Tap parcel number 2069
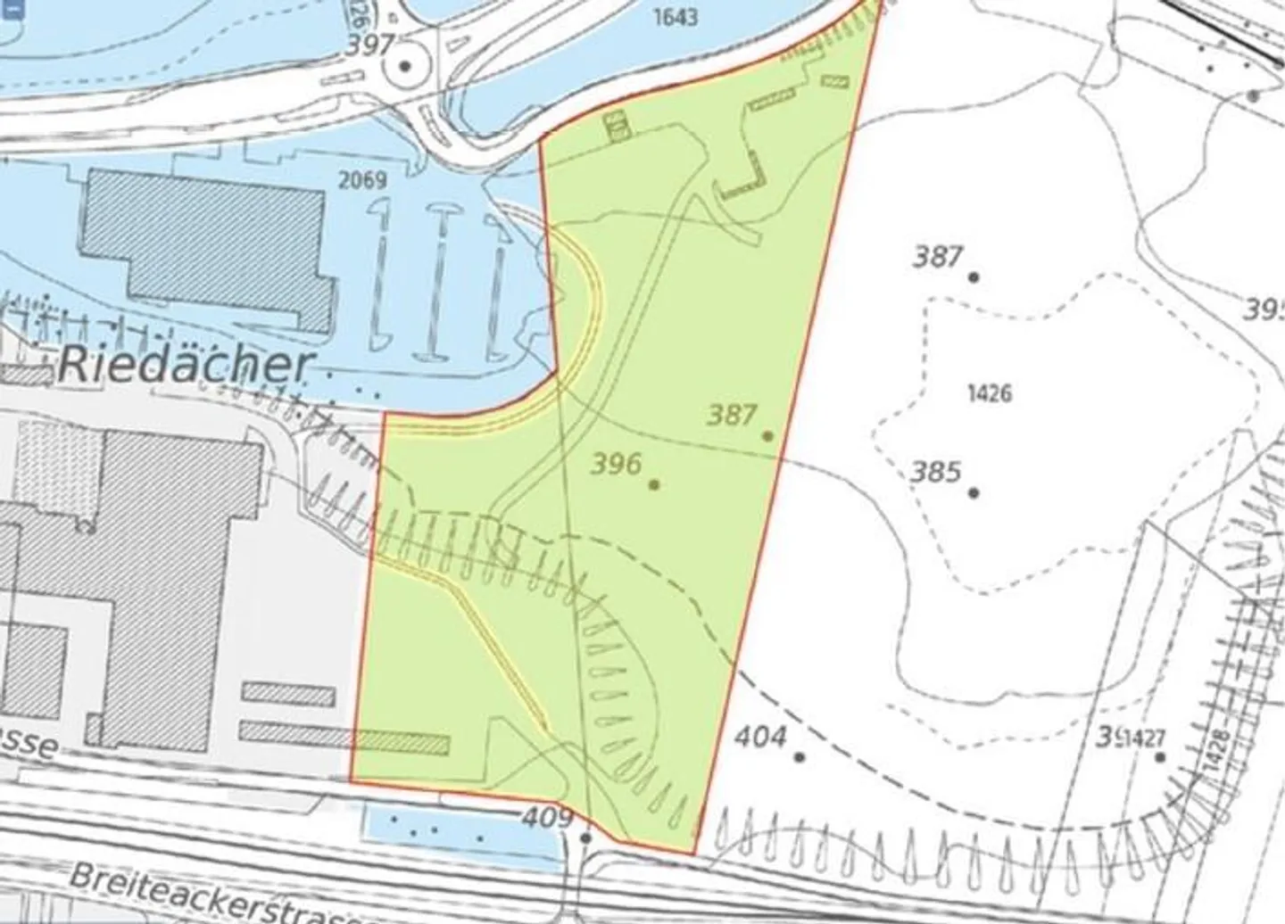coord(363,181)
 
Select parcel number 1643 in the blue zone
coord(675,17)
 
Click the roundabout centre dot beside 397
coord(406,66)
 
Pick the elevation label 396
coord(617,464)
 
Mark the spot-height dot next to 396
coord(654,484)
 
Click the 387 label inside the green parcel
coord(733,415)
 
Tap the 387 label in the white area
coord(938,258)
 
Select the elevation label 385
coord(936,471)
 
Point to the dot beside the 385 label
coord(974,492)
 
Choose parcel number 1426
coord(989,393)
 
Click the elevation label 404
coord(762,737)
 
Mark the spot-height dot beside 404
coord(800,757)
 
